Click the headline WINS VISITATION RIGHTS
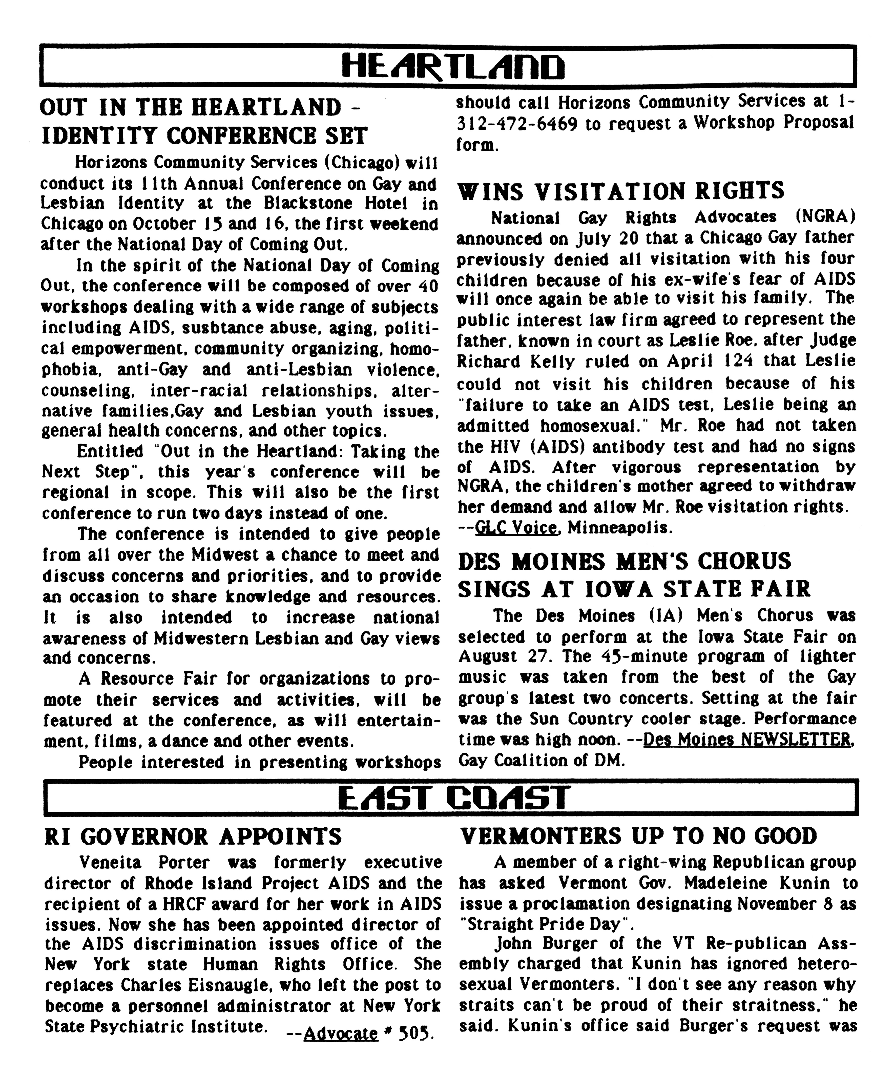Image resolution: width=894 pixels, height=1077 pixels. click(x=620, y=191)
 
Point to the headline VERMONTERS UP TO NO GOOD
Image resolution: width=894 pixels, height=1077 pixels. click(x=638, y=836)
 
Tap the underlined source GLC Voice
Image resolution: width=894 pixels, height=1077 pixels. click(x=516, y=527)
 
